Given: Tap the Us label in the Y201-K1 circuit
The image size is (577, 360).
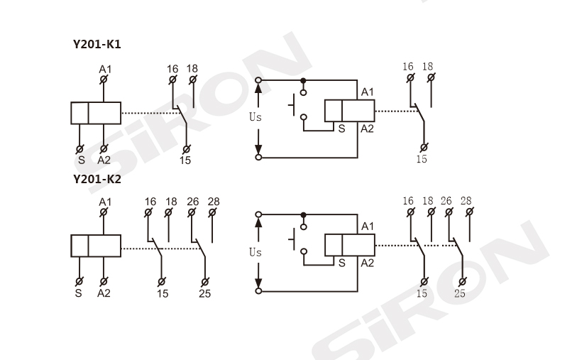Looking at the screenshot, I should pyautogui.click(x=255, y=117).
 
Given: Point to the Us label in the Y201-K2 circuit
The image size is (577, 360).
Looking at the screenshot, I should pyautogui.click(x=255, y=252).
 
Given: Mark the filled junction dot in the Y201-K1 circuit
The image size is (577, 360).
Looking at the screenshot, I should pyautogui.click(x=304, y=80).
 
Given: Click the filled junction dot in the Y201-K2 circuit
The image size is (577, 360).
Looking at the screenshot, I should pyautogui.click(x=304, y=214).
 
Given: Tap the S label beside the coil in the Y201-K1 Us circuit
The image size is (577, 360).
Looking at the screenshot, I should pyautogui.click(x=341, y=129).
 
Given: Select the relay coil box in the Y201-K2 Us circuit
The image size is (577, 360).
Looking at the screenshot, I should pyautogui.click(x=349, y=245).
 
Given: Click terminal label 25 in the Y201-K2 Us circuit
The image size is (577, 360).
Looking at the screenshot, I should pyautogui.click(x=460, y=293).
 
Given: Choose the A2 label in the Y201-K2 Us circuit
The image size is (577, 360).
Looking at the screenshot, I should pyautogui.click(x=368, y=263).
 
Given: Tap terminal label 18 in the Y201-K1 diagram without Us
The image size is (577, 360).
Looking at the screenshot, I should pyautogui.click(x=192, y=69).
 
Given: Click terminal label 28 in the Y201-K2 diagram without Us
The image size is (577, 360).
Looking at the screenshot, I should pyautogui.click(x=214, y=202).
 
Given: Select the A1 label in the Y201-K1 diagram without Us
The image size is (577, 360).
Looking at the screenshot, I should pyautogui.click(x=105, y=69).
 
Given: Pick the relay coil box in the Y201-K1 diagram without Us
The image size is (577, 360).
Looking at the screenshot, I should pyautogui.click(x=96, y=112).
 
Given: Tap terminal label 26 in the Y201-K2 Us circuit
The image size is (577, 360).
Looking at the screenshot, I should pyautogui.click(x=447, y=202).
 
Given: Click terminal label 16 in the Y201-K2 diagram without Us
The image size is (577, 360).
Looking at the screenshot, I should pyautogui.click(x=150, y=202).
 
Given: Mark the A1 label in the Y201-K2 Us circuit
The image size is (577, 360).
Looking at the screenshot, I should pyautogui.click(x=368, y=227).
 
